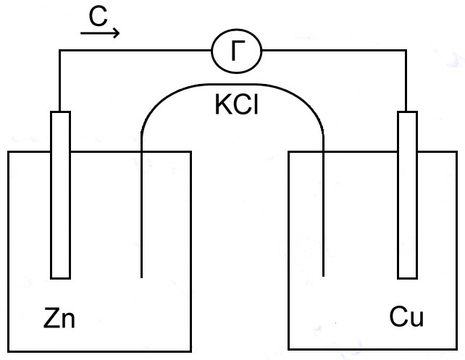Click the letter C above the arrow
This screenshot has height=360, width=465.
(x=98, y=17)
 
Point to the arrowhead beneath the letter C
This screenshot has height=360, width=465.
(x=116, y=33)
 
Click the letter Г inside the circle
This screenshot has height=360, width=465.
(x=238, y=51)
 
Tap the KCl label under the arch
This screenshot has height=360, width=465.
(x=237, y=105)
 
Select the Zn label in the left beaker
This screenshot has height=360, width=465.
(x=59, y=318)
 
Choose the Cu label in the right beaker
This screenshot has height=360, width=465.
(x=406, y=317)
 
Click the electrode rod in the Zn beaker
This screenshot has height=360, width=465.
(x=61, y=195)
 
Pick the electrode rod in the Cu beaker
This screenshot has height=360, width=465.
(x=408, y=195)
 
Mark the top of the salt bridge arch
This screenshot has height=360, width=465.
(x=232, y=84)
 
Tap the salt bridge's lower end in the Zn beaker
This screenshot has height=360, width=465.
(x=141, y=277)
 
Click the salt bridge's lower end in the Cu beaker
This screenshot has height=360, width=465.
(x=323, y=276)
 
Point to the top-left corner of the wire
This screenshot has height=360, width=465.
(x=60, y=51)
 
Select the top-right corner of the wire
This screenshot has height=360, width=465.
(x=406, y=51)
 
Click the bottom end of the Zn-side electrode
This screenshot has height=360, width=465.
(x=61, y=278)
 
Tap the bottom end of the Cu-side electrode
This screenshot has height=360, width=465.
(x=408, y=278)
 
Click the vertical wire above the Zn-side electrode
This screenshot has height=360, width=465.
(x=60, y=80)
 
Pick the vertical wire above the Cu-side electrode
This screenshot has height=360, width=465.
(x=406, y=80)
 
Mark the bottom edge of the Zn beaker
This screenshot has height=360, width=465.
(x=99, y=351)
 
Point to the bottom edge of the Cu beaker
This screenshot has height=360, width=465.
(x=372, y=349)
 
